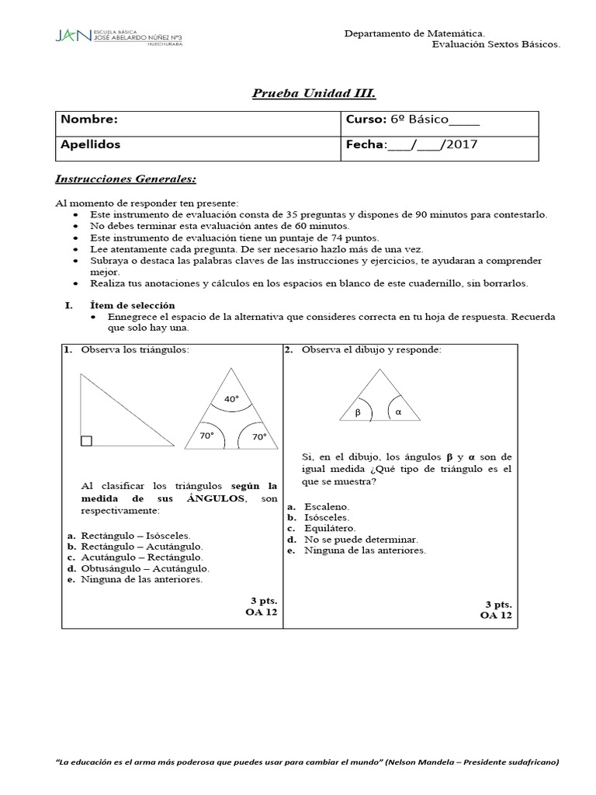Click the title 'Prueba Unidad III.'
(x=303, y=94)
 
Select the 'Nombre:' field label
(x=89, y=120)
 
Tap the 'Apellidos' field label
(x=91, y=144)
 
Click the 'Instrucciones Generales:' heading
(x=126, y=179)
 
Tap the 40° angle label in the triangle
(x=231, y=399)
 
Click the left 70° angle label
(x=206, y=436)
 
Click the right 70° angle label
(x=258, y=437)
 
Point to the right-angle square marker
(x=86, y=441)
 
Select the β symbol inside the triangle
(x=358, y=413)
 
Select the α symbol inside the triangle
(x=398, y=412)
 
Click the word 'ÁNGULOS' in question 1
(x=216, y=498)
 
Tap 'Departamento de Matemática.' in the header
(x=414, y=33)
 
